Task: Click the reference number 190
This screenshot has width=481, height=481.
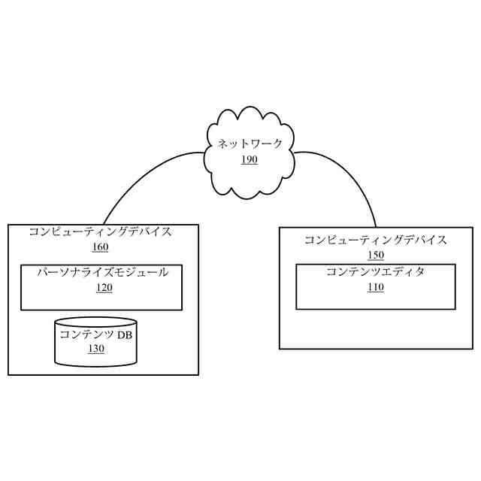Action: coord(250,159)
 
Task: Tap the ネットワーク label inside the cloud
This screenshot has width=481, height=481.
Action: coord(250,144)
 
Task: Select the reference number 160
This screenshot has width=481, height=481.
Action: coord(100,247)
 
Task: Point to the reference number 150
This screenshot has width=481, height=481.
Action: coord(375,255)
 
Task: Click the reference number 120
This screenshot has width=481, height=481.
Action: coord(104,287)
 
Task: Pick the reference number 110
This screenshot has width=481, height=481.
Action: coord(376,287)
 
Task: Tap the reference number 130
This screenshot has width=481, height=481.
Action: coord(96,349)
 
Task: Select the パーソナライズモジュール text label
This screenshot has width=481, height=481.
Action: coord(103,272)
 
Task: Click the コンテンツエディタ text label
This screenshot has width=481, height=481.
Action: coord(375,272)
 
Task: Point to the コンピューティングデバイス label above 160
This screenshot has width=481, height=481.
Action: coord(100,231)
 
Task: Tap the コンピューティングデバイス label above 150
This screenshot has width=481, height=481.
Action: coord(375,240)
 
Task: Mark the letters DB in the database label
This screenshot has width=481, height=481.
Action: coord(124,335)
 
